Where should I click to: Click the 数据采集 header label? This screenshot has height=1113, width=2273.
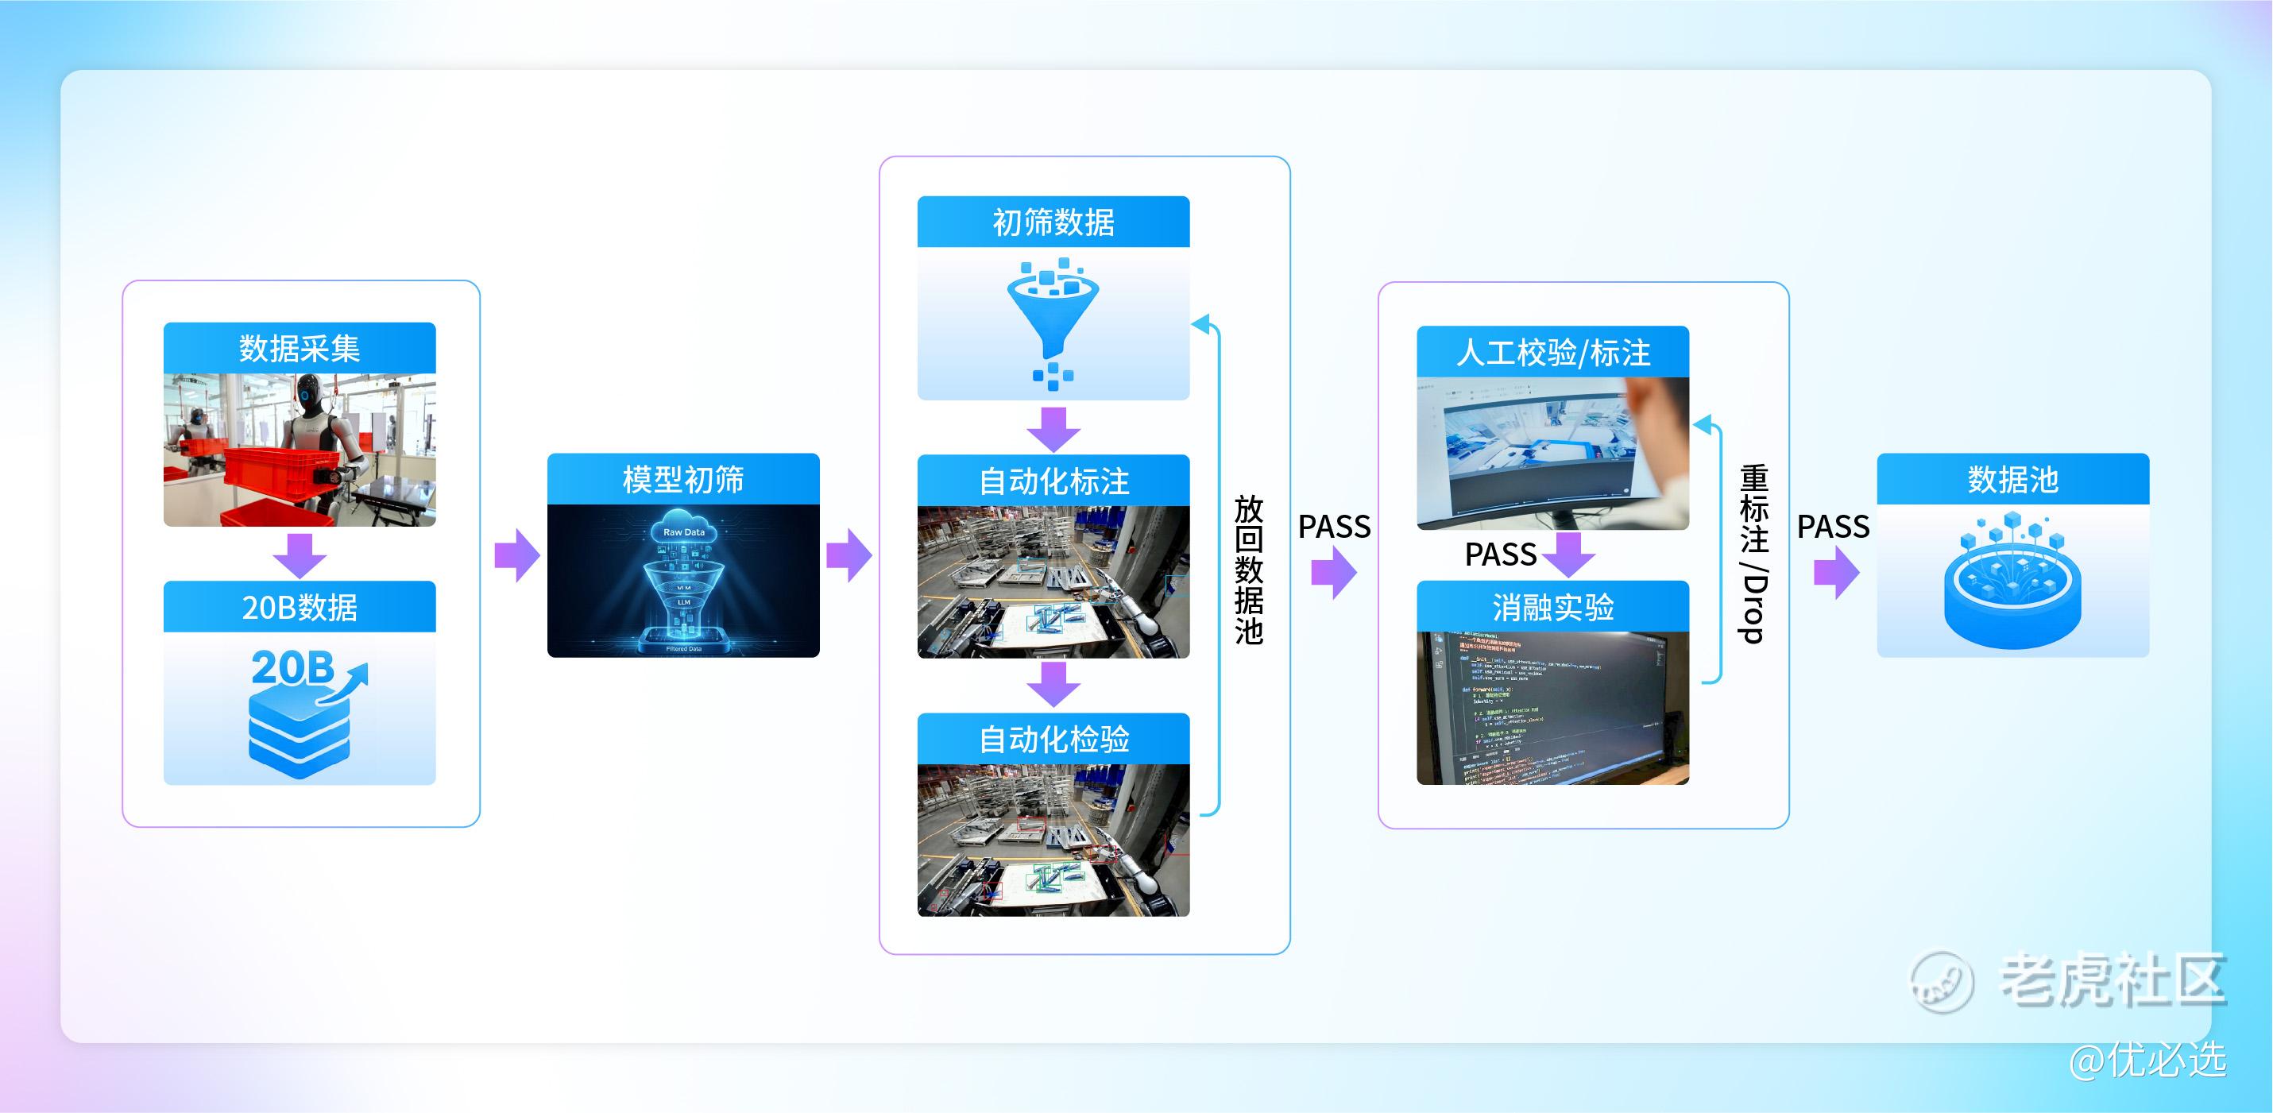click(x=300, y=349)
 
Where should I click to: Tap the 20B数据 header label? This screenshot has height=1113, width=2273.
click(x=300, y=607)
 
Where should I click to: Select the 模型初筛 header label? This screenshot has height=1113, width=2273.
click(x=683, y=479)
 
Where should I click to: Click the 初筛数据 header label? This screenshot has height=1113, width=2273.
click(x=1053, y=222)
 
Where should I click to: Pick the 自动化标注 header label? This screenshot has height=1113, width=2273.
click(x=1053, y=481)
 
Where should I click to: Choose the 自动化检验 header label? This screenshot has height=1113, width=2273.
click(x=1053, y=739)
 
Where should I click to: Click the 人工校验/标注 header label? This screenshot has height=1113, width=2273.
click(x=1552, y=353)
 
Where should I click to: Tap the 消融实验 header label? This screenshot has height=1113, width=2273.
click(x=1552, y=607)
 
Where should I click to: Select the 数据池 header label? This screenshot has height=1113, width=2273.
click(x=2012, y=479)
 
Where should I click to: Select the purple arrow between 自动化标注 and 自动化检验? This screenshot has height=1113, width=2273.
click(x=1053, y=684)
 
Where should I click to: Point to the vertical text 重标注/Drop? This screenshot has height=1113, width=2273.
click(x=1753, y=554)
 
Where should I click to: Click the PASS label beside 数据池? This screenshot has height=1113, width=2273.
click(x=1833, y=527)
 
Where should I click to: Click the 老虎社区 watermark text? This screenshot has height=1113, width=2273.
click(x=2111, y=980)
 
